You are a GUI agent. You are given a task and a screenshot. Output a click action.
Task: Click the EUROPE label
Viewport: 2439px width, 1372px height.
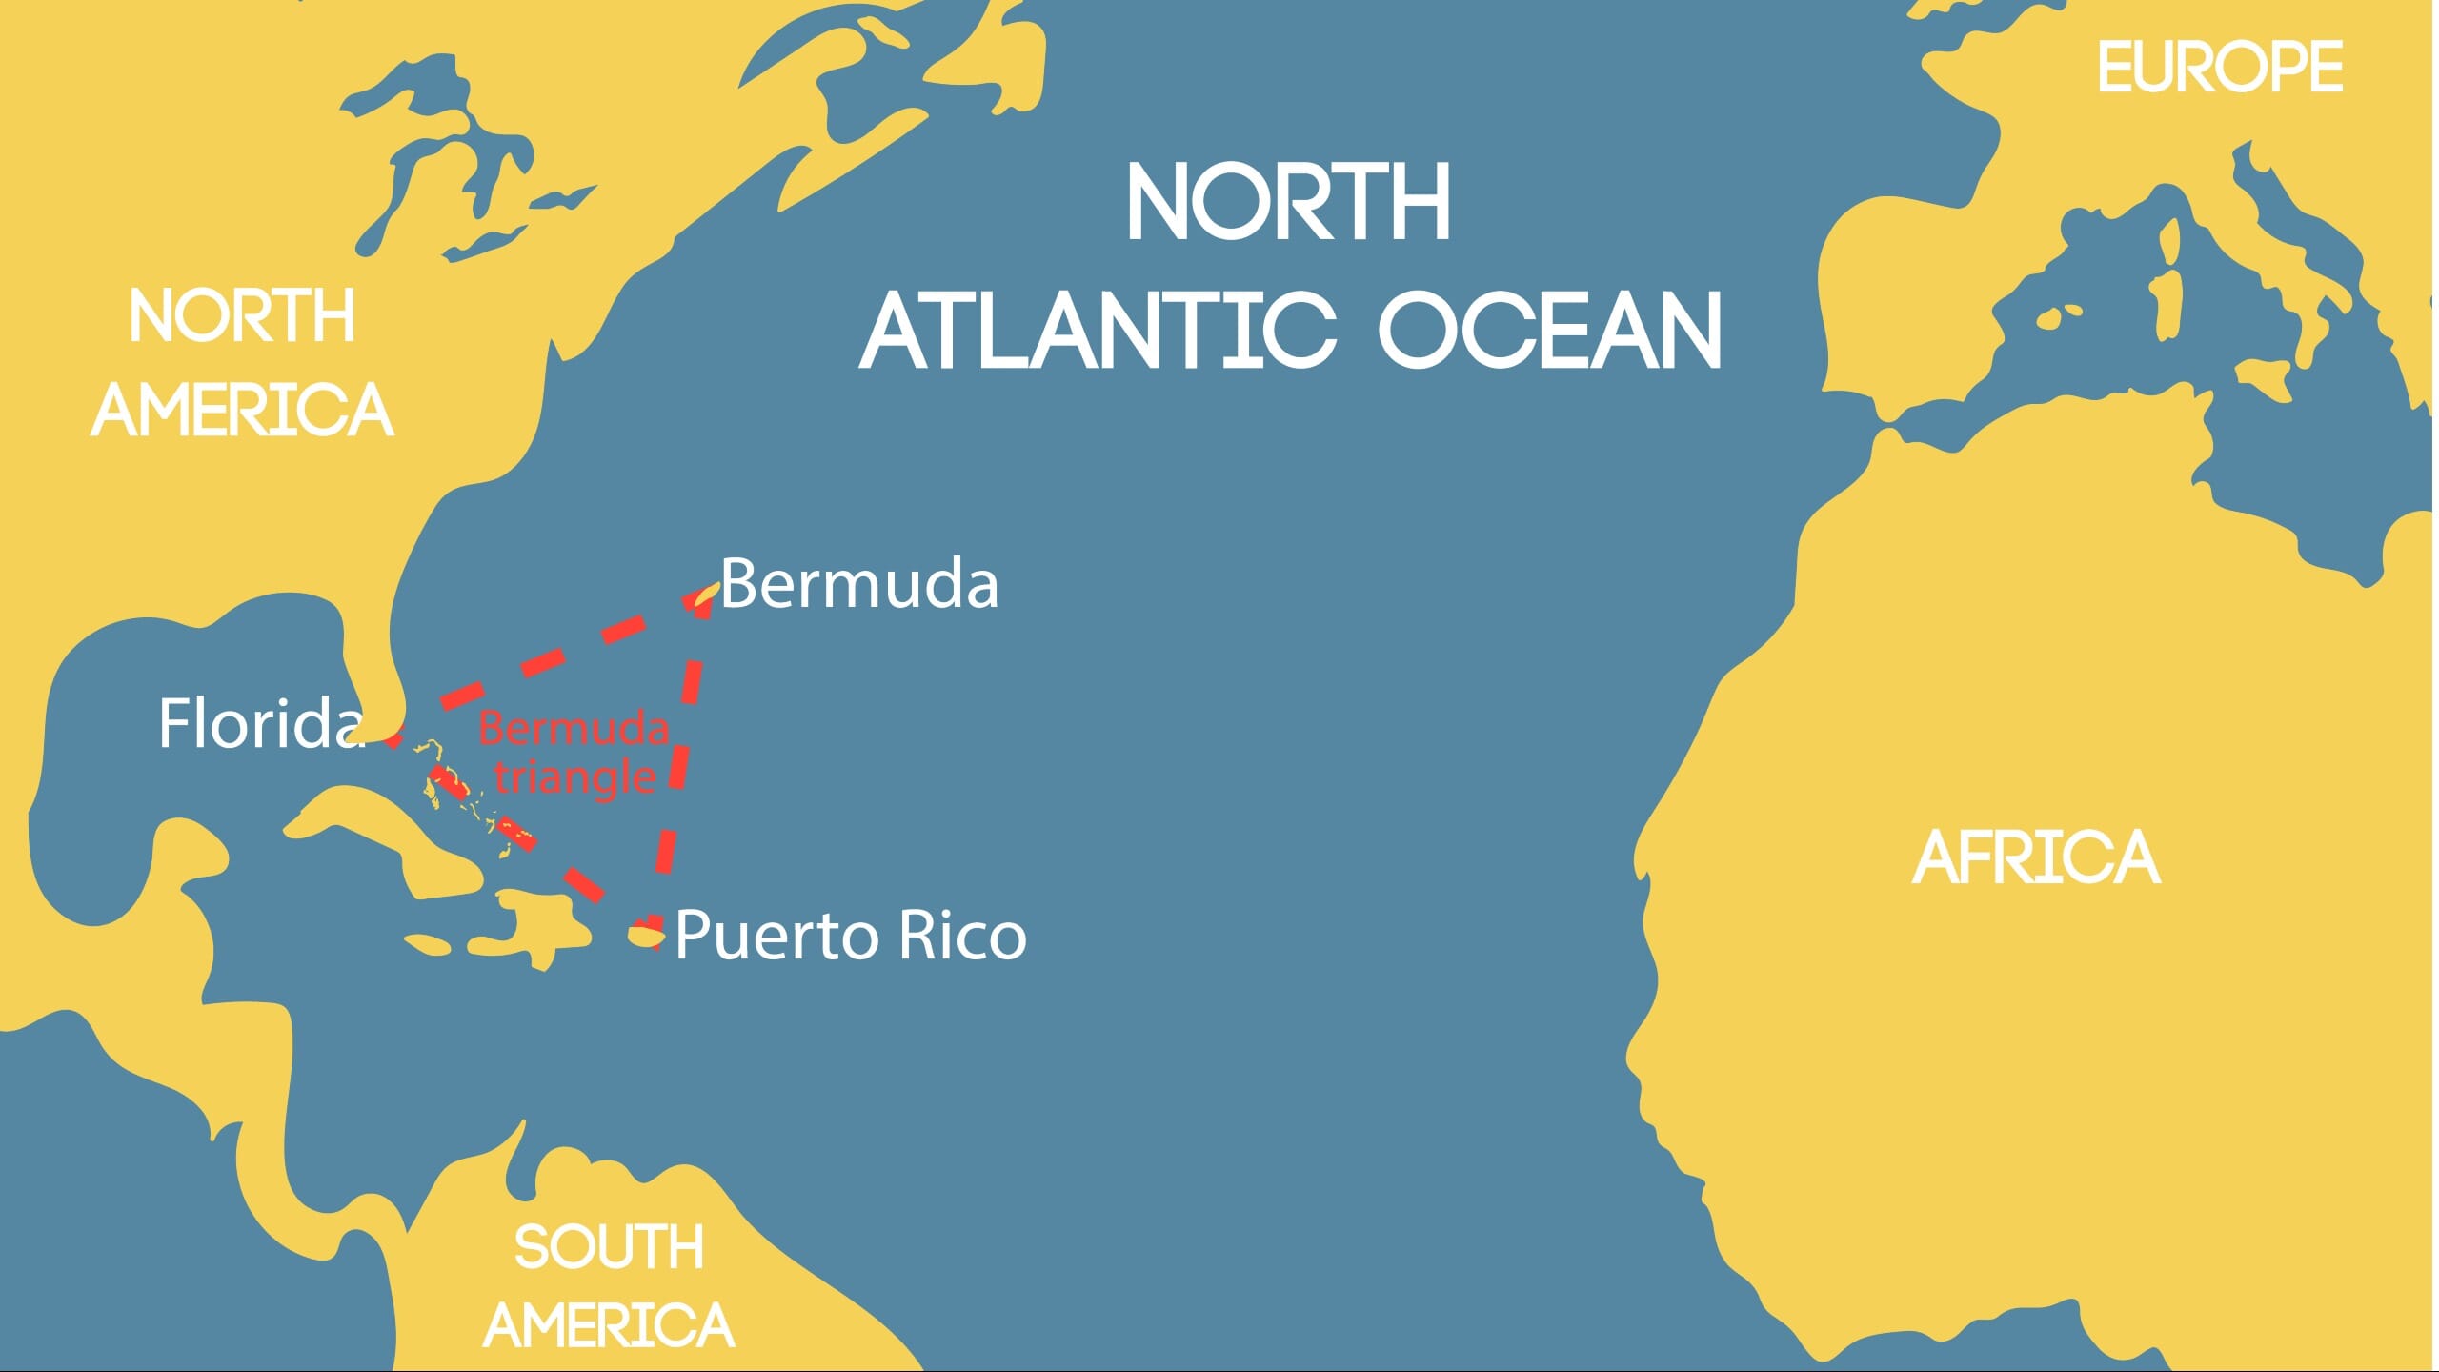(x=2219, y=68)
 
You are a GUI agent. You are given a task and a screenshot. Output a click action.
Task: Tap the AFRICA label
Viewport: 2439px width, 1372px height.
(x=2036, y=857)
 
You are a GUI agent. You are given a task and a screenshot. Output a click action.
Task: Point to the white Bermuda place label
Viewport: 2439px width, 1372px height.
(x=859, y=583)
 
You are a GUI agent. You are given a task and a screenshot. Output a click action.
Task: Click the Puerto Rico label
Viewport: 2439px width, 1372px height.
(x=851, y=935)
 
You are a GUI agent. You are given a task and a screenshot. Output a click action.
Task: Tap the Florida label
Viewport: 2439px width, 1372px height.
(x=261, y=723)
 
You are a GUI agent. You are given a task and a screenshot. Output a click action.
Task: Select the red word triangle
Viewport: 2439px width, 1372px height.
(x=574, y=777)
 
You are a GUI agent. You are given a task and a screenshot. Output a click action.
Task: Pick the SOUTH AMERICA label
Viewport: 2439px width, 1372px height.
(x=609, y=1286)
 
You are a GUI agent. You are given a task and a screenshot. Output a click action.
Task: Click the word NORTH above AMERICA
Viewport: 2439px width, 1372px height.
(x=242, y=316)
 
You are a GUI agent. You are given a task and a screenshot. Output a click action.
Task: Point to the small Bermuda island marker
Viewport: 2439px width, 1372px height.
(x=706, y=595)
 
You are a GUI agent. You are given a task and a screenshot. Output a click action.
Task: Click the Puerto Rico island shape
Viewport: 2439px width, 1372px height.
(x=644, y=937)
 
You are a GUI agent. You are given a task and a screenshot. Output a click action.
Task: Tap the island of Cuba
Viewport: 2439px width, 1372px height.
(x=400, y=838)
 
